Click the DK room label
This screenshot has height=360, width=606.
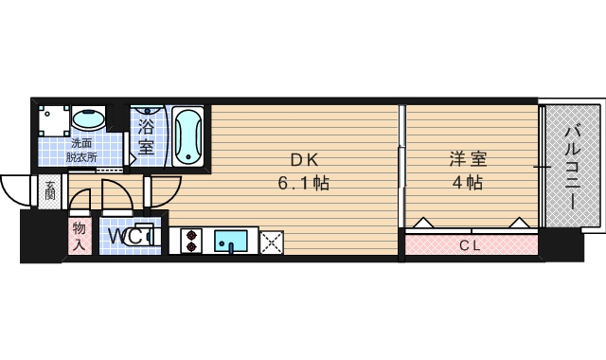pos(304,160)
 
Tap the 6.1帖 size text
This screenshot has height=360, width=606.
pos(304,183)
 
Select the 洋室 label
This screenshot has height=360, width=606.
pos(468,159)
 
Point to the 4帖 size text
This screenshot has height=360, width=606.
pos(468,182)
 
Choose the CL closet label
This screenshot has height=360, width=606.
pos(471,245)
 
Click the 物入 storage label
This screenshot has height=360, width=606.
pos(80,236)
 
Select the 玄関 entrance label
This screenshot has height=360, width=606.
pos(50,191)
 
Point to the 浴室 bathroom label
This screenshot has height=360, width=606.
pos(146,136)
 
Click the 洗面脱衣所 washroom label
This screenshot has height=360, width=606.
pos(81,150)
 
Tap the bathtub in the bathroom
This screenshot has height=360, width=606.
pos(187,136)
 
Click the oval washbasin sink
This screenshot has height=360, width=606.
pos(88,119)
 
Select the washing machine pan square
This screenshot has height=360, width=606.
pos(54,121)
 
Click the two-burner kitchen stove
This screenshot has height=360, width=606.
pos(191,242)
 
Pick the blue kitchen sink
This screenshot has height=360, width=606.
pos(231,242)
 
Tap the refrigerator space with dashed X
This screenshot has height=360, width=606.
pos(272,243)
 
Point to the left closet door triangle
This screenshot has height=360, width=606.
pos(423,223)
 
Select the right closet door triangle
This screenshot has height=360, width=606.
pos(520,223)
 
